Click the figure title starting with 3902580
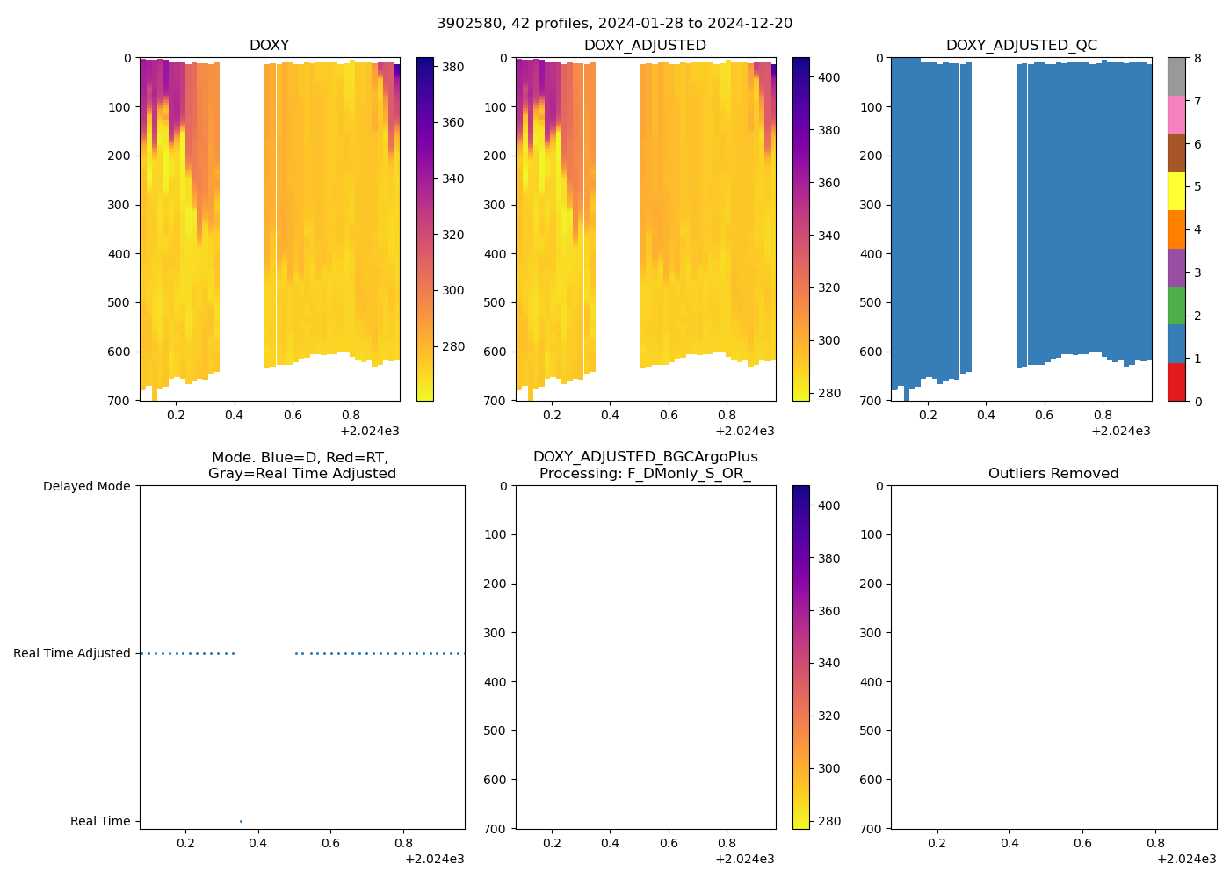point(614,23)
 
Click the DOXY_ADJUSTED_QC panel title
point(1021,45)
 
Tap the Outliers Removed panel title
point(1053,473)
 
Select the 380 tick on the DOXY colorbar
point(452,66)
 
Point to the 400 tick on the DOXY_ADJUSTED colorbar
point(828,77)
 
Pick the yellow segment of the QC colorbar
point(1176,191)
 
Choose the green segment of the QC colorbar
point(1176,305)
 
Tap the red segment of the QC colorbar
point(1176,382)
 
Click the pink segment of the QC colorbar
point(1176,114)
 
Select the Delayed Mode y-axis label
point(86,486)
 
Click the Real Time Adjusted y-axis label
point(71,653)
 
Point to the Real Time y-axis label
point(100,821)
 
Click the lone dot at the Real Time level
point(241,821)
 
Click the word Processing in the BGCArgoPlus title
point(579,473)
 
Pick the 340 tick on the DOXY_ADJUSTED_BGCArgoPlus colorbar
point(828,663)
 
